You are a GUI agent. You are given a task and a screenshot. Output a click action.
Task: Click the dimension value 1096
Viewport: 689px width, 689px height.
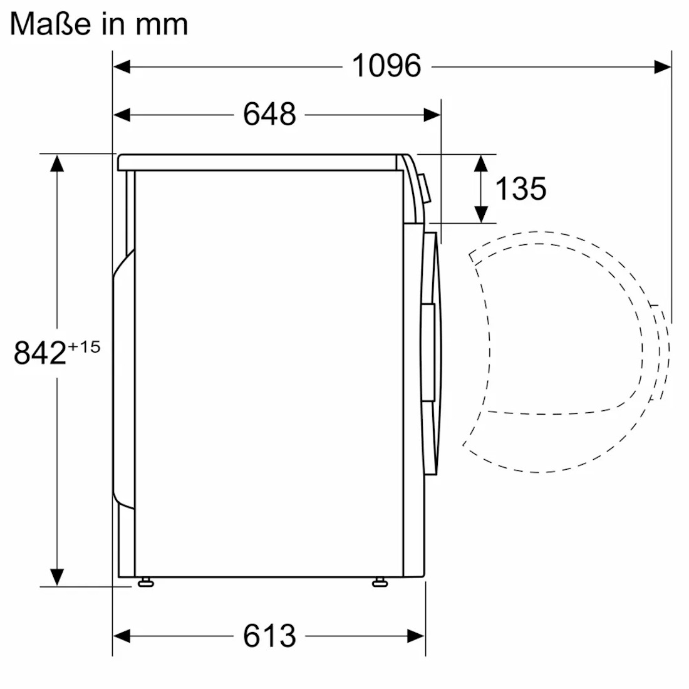(x=386, y=66)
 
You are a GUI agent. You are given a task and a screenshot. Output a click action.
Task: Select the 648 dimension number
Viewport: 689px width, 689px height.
(x=269, y=115)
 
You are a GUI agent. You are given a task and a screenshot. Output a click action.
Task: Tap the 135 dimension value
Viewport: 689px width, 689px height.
(x=521, y=189)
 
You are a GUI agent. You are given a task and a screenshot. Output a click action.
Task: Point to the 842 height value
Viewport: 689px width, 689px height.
(x=40, y=353)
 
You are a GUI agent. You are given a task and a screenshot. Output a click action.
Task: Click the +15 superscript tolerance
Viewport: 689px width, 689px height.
(x=84, y=346)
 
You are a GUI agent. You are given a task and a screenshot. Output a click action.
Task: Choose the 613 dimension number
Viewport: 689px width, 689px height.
(x=269, y=636)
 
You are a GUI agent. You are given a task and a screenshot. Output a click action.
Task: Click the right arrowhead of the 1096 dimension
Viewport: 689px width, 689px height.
(x=663, y=66)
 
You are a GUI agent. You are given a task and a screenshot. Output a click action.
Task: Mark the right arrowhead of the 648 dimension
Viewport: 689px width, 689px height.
(x=432, y=115)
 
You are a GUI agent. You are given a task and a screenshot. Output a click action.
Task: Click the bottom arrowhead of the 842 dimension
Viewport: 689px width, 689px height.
(x=57, y=576)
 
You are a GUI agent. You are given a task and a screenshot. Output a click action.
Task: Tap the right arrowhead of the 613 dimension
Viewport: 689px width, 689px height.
(x=417, y=636)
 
